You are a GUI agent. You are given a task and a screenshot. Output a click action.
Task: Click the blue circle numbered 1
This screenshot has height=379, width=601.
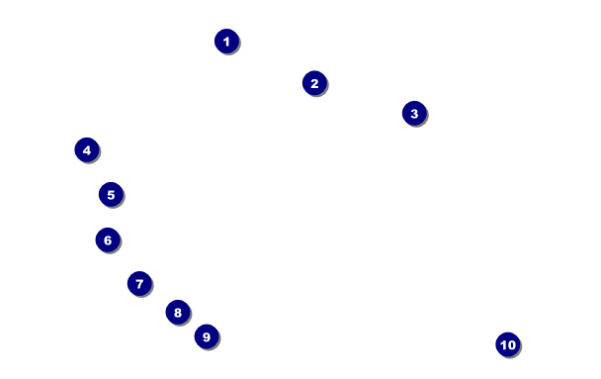click(226, 41)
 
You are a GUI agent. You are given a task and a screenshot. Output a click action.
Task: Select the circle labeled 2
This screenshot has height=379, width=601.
click(314, 83)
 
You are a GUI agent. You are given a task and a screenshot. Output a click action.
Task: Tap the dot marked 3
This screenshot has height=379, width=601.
click(414, 113)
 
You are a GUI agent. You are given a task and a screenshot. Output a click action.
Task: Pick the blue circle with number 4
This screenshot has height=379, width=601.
click(87, 149)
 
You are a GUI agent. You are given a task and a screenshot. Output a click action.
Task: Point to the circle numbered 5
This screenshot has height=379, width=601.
click(111, 194)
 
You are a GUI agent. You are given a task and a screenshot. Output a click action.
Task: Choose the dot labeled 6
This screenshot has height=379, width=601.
click(108, 239)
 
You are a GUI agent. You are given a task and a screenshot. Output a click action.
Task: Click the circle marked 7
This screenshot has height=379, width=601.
click(139, 283)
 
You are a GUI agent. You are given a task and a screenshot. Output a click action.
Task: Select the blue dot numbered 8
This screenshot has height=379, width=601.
click(178, 313)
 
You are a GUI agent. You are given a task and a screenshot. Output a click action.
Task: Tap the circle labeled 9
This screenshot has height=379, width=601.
click(207, 336)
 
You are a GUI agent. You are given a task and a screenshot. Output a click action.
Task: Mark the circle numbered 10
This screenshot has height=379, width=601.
click(508, 344)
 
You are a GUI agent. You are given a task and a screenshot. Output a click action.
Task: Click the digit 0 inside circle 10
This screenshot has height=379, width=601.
click(512, 345)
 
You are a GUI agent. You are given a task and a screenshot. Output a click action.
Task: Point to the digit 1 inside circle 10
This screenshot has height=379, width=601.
click(503, 345)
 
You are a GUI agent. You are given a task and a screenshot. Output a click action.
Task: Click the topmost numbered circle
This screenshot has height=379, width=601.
click(226, 41)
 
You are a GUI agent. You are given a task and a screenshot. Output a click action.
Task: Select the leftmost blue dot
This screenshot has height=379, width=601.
click(87, 149)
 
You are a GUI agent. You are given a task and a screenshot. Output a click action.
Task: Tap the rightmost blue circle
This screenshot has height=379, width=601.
click(508, 344)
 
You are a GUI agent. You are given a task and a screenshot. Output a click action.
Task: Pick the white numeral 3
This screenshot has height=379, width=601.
click(414, 114)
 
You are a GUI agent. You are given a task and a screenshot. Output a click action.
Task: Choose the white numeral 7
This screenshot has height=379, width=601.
click(139, 284)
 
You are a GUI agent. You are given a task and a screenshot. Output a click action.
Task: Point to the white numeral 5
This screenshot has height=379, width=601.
click(111, 195)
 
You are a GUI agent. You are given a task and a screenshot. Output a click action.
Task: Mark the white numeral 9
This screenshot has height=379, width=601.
click(207, 337)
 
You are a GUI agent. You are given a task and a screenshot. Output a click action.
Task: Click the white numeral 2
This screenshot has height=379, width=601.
click(314, 83)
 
